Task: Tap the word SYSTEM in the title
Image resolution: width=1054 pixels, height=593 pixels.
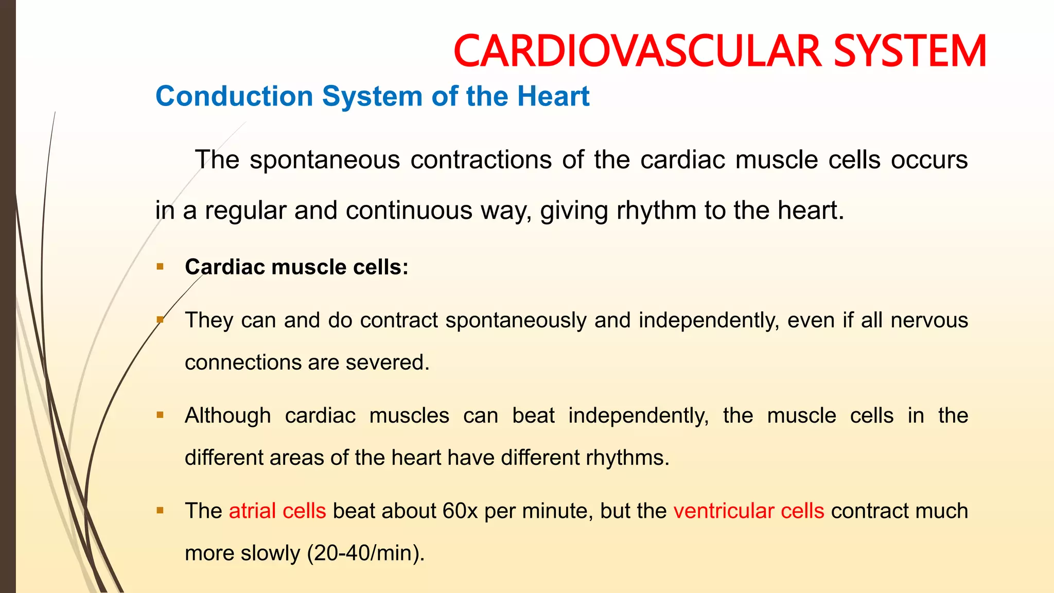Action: point(910,51)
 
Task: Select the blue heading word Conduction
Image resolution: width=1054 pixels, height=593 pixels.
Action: point(234,96)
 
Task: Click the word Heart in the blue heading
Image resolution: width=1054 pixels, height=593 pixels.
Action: point(553,96)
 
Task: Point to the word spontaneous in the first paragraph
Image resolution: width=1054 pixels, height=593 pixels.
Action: point(324,160)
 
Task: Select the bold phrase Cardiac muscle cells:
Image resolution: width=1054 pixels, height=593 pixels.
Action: point(296,267)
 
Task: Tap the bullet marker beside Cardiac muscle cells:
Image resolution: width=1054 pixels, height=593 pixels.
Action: point(160,267)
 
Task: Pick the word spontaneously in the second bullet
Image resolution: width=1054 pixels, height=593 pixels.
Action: point(516,320)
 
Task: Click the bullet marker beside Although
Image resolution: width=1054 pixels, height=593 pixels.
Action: point(160,415)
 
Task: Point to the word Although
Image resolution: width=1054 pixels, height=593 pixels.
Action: point(227,415)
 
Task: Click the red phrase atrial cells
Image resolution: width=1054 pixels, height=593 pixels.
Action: point(277,511)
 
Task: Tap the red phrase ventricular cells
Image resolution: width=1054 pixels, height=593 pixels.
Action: point(749,511)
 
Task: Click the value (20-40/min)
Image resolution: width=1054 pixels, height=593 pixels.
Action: point(366,553)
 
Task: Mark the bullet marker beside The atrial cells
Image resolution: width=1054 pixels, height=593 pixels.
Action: point(160,511)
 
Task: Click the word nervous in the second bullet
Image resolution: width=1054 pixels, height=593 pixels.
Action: point(929,320)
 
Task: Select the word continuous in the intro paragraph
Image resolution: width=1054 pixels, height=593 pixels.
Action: point(409,211)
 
